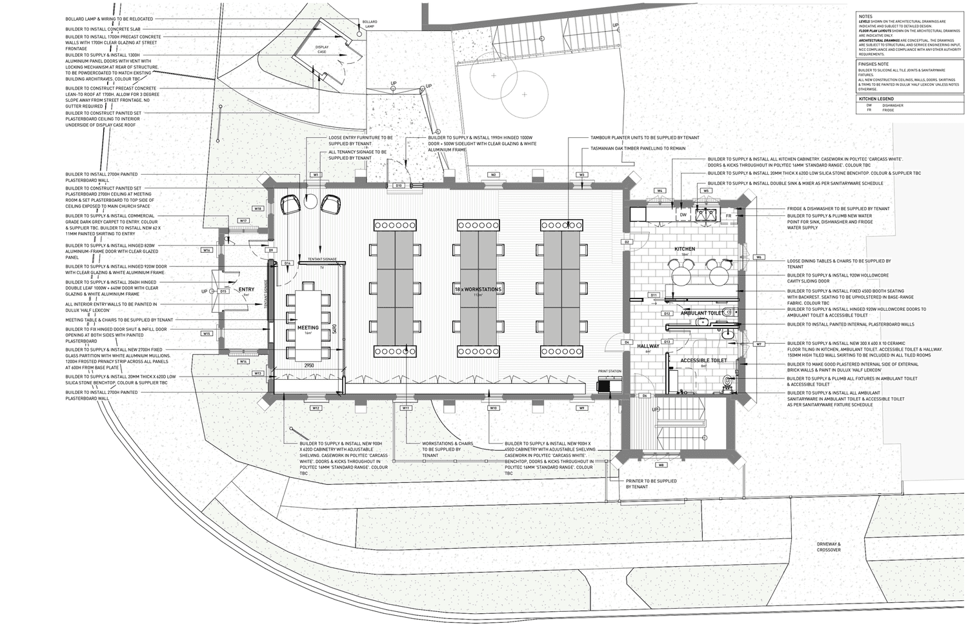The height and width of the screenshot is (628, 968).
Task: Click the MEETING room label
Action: pyautogui.click(x=308, y=328)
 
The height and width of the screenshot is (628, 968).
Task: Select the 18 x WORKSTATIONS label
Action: pyautogui.click(x=477, y=289)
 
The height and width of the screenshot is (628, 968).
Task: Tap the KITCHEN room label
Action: pyautogui.click(x=685, y=249)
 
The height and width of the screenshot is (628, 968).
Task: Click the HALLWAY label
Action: pyautogui.click(x=648, y=346)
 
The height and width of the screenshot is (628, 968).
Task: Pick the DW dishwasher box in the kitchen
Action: pyautogui.click(x=683, y=214)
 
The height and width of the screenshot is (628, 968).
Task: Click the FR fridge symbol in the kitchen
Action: pyautogui.click(x=728, y=216)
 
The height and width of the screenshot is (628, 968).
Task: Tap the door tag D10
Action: pyautogui.click(x=399, y=186)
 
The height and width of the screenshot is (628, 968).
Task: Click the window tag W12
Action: pyautogui.click(x=316, y=408)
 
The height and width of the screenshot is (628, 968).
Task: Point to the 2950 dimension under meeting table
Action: pyautogui.click(x=309, y=366)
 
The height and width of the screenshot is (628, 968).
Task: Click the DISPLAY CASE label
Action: pyautogui.click(x=321, y=49)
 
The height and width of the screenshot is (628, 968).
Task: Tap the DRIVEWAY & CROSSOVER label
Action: pyautogui.click(x=828, y=547)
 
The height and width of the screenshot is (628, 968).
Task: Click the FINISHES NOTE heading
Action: pyautogui.click(x=874, y=64)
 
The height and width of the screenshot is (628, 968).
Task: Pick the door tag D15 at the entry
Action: pyautogui.click(x=223, y=291)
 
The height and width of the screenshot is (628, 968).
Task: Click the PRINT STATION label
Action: pyautogui.click(x=609, y=371)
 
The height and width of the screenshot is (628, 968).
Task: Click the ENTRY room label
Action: pyautogui.click(x=247, y=290)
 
